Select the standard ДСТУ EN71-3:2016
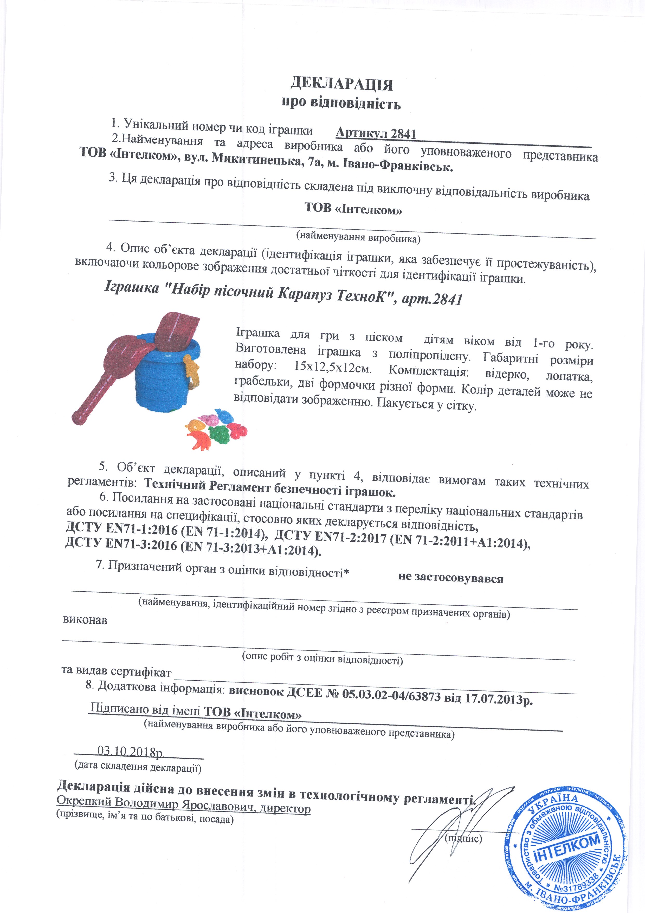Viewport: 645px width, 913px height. [x=121, y=544]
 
